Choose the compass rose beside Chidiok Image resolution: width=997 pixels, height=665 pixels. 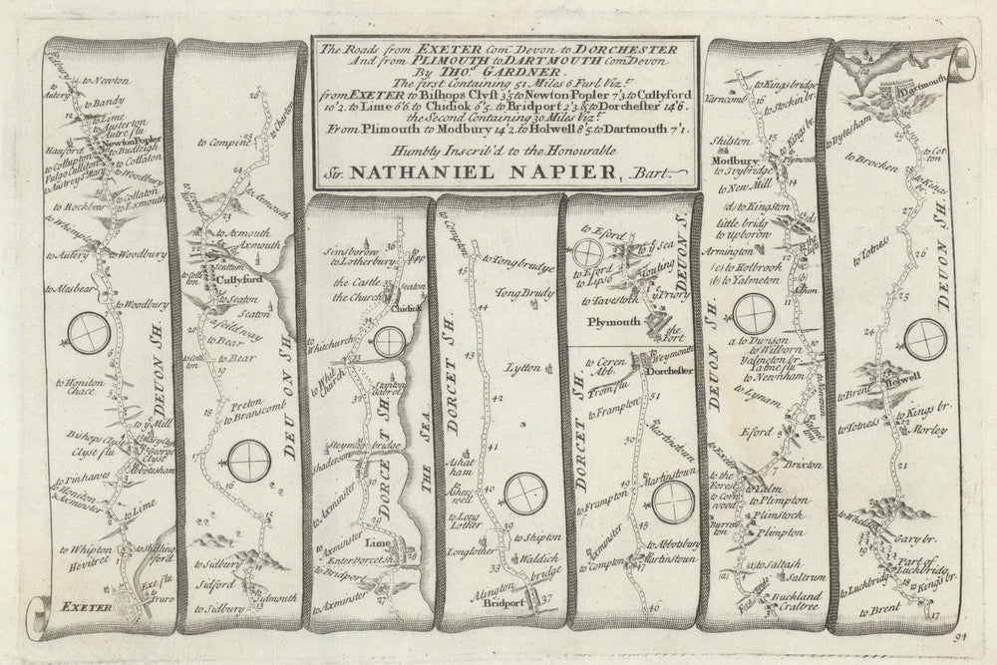[390, 341]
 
